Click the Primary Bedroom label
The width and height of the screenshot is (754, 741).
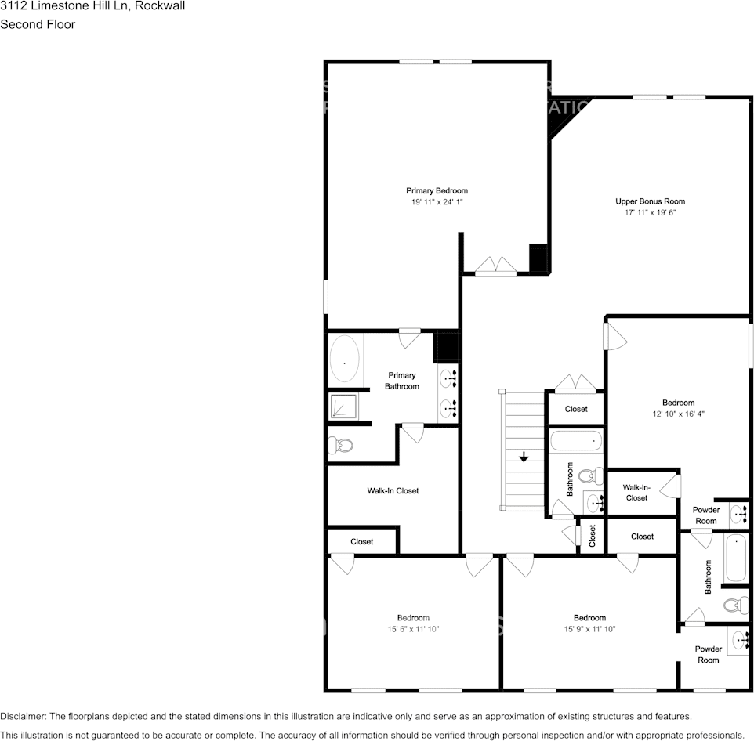click(x=437, y=191)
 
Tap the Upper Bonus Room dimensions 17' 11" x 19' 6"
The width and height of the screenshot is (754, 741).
click(x=650, y=212)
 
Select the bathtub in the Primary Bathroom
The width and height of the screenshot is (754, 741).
click(x=345, y=360)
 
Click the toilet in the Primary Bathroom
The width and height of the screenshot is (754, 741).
click(x=341, y=445)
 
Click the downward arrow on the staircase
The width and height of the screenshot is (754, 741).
click(x=523, y=456)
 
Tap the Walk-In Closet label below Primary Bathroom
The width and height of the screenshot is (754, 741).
click(x=393, y=491)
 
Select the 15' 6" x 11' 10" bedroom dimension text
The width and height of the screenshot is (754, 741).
click(x=412, y=629)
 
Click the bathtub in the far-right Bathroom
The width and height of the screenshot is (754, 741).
click(x=736, y=558)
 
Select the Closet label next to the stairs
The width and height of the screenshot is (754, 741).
click(x=576, y=409)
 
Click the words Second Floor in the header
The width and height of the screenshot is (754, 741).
click(x=38, y=24)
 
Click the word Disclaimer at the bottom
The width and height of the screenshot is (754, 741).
click(x=24, y=716)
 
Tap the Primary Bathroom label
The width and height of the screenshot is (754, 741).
click(x=401, y=381)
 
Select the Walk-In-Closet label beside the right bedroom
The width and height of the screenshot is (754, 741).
click(x=636, y=492)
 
